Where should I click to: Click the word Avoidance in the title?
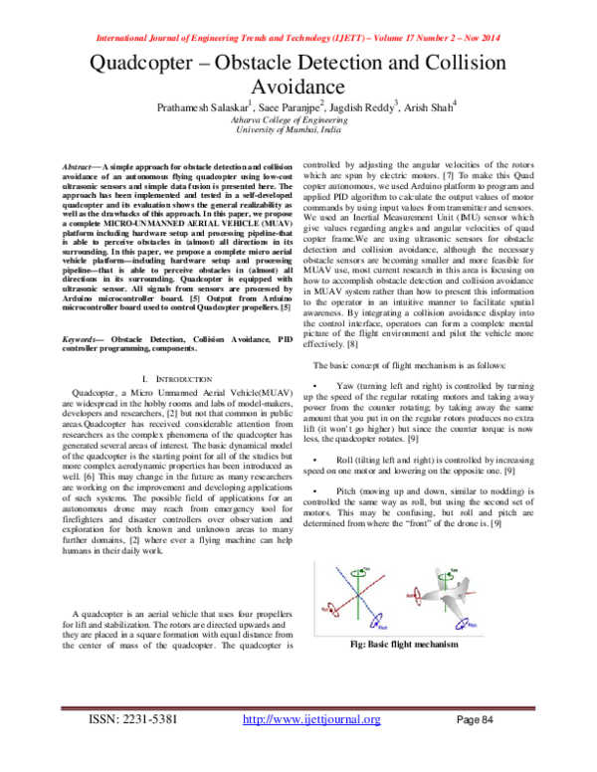point(298,89)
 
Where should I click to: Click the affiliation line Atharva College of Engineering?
point(298,120)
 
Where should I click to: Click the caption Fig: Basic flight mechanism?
point(417,646)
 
